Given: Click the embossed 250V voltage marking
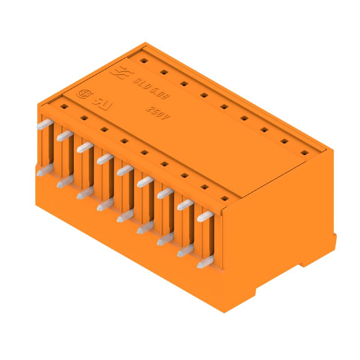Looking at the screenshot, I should pyautogui.click(x=158, y=113).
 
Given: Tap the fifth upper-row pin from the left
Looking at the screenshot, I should pyautogui.click(x=125, y=170).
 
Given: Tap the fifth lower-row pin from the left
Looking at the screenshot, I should pyautogui.click(x=124, y=216).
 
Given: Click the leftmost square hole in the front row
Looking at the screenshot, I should pyautogui.click(x=64, y=107).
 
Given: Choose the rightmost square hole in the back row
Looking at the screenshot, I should pyautogui.click(x=305, y=153).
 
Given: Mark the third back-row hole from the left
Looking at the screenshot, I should pyautogui.click(x=183, y=83).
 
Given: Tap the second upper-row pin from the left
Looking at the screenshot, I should pyautogui.click(x=63, y=136).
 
